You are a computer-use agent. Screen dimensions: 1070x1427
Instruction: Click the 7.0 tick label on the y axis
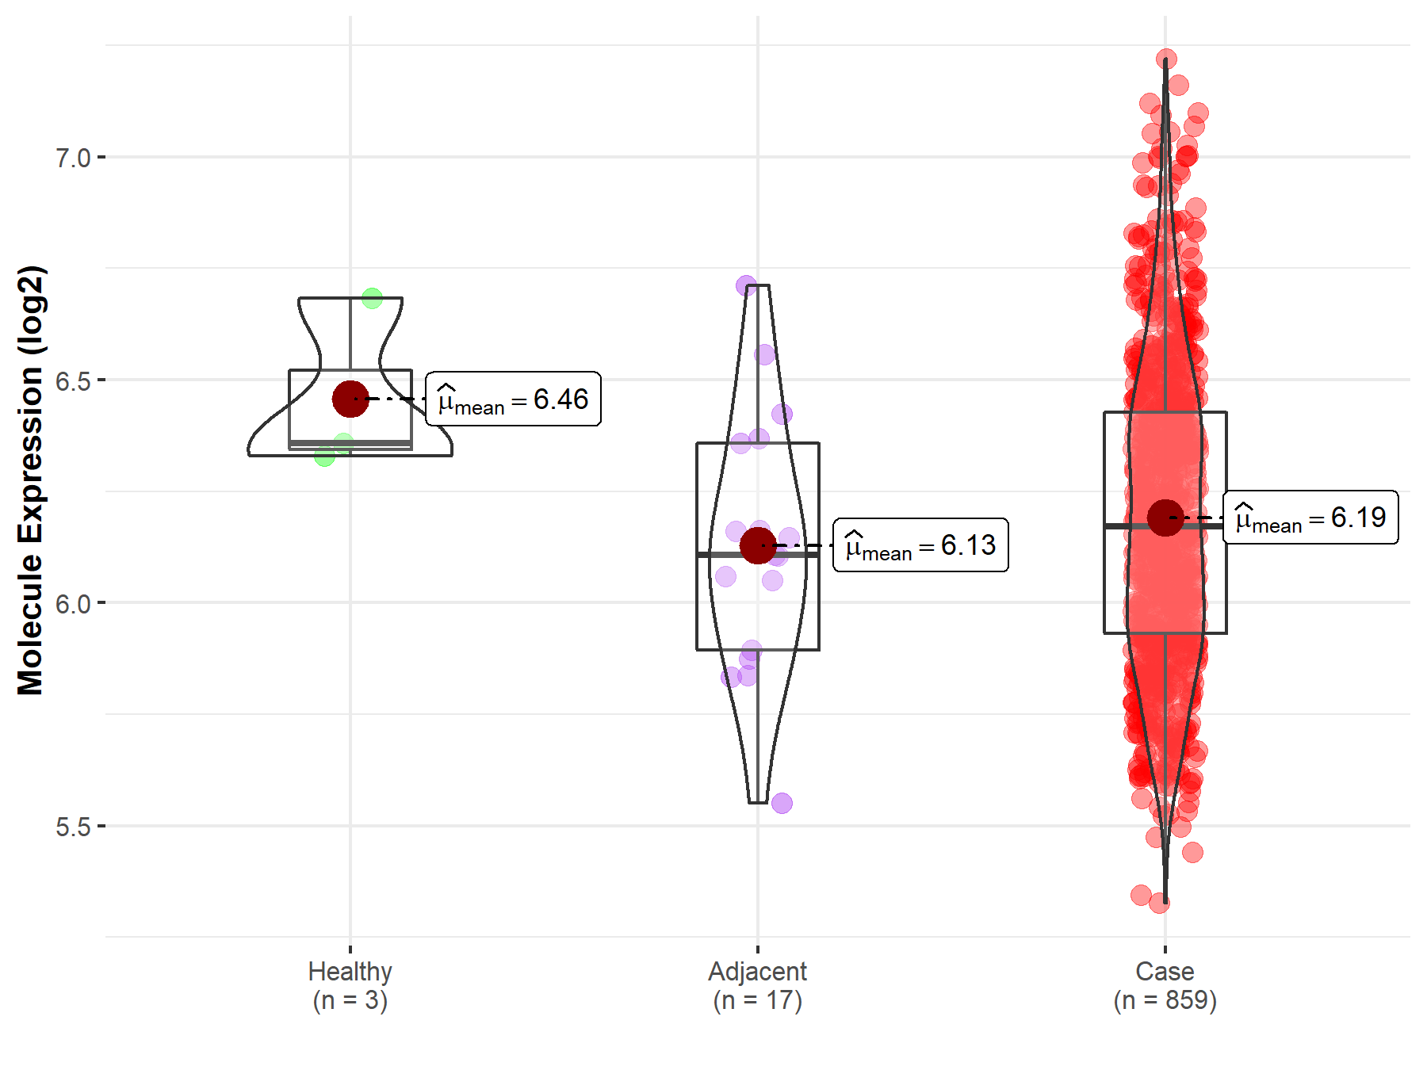click(72, 158)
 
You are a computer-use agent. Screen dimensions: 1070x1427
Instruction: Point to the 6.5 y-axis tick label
click(72, 381)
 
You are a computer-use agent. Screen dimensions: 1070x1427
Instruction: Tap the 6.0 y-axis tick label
click(72, 604)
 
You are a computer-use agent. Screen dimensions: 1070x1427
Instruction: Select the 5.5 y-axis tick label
click(72, 827)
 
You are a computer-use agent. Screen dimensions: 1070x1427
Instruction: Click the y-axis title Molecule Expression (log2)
click(30, 480)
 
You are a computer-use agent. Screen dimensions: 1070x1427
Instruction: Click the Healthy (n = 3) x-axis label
click(350, 985)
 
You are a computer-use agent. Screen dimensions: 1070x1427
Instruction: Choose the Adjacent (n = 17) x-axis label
click(757, 985)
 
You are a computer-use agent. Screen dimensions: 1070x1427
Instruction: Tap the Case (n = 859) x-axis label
click(1165, 985)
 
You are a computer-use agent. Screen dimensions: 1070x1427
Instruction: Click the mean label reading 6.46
click(513, 399)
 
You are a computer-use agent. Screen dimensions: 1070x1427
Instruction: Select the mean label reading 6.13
click(920, 545)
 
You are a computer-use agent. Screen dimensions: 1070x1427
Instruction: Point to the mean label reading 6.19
click(1310, 518)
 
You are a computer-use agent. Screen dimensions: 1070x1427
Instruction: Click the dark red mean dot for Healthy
click(350, 399)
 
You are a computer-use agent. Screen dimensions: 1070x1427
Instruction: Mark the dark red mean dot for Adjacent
click(758, 545)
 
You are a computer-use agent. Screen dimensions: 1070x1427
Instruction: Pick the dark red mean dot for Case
click(1165, 518)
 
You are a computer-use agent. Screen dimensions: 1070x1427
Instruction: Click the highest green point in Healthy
click(372, 298)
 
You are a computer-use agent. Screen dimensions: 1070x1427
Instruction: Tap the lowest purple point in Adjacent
click(782, 803)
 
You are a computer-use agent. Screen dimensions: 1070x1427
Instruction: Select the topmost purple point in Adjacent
click(746, 285)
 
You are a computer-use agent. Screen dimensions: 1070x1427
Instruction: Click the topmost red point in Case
click(1166, 59)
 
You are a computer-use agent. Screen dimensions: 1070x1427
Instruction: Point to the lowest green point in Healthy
click(324, 456)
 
